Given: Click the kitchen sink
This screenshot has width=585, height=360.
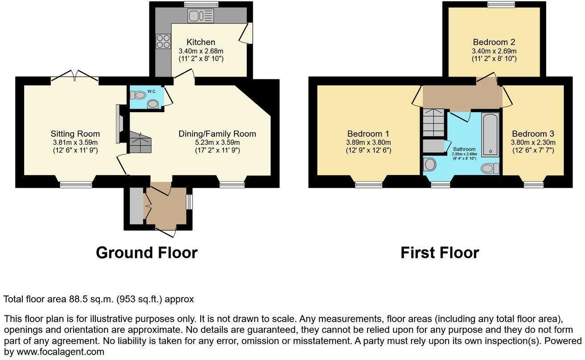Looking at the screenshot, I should click(x=201, y=16).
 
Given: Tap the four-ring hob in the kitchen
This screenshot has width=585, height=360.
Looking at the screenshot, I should click(x=163, y=41).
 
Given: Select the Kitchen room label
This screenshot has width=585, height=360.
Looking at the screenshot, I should click(x=201, y=42).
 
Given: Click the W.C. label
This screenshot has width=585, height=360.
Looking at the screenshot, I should click(x=152, y=92).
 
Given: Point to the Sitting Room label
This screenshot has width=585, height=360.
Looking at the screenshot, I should click(x=75, y=134).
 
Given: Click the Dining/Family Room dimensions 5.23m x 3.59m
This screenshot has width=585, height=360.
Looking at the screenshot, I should click(x=217, y=143).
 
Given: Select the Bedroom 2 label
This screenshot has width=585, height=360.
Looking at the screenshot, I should click(x=494, y=42).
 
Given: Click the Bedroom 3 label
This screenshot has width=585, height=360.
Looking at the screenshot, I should click(x=533, y=134).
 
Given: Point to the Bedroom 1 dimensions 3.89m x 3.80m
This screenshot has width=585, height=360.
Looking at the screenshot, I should click(x=368, y=143).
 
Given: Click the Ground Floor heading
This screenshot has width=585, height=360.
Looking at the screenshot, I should click(x=146, y=253).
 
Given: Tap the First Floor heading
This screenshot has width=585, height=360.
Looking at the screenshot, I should click(x=439, y=253).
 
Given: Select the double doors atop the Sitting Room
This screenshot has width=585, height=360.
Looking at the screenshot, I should click(x=74, y=77).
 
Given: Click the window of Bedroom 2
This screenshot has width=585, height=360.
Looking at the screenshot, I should click(x=501, y=4).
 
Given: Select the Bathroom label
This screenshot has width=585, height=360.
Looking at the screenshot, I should click(x=464, y=149).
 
